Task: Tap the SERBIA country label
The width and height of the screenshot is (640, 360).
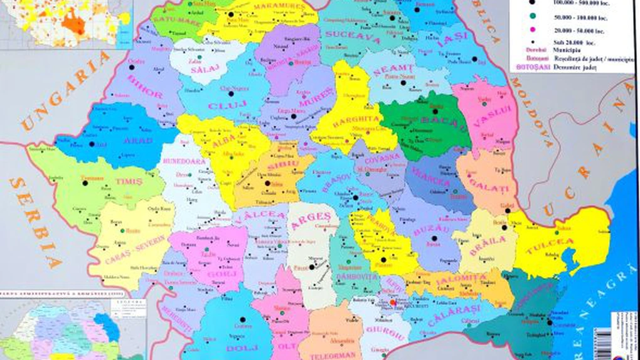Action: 35,223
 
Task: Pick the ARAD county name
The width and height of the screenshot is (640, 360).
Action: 137,140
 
